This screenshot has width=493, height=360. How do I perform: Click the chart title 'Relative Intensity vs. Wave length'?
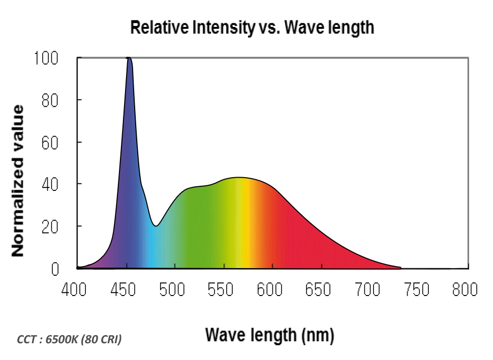pyautogui.click(x=252, y=27)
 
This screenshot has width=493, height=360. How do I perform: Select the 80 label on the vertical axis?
pyautogui.click(x=50, y=100)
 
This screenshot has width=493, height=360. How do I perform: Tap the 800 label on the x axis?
pyautogui.click(x=464, y=290)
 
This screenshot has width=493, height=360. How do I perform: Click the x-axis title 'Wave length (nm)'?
pyautogui.click(x=269, y=335)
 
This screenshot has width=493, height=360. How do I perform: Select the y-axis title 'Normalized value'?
pyautogui.click(x=18, y=181)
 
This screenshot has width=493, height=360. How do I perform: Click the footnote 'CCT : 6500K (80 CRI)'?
pyautogui.click(x=69, y=340)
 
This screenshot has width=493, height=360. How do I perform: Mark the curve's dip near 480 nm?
pyautogui.click(x=157, y=225)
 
